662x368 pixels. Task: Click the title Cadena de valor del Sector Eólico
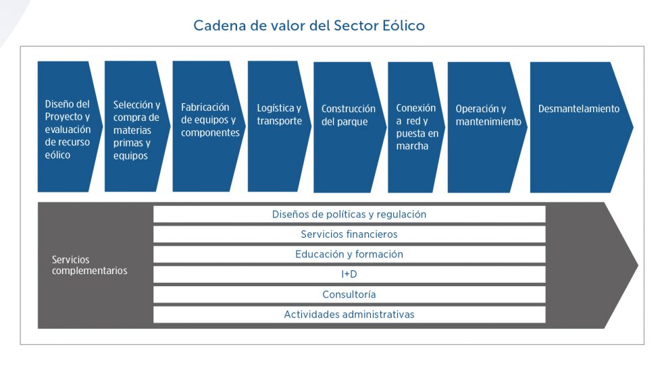(309, 26)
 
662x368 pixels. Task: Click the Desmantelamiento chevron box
(580, 127)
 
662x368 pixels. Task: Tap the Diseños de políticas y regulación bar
(349, 214)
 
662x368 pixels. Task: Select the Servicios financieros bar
(349, 234)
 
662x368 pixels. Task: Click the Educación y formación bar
(349, 255)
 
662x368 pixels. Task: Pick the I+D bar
(349, 274)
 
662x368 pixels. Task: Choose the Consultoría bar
(349, 294)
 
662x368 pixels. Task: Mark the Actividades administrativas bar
(349, 315)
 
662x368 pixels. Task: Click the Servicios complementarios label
(89, 265)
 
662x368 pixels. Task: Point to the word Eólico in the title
(401, 26)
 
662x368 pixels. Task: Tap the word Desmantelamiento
(578, 109)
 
